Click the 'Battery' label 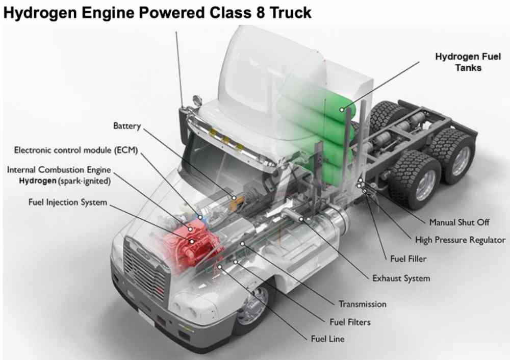126,126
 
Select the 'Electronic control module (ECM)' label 76,150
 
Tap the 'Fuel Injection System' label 68,202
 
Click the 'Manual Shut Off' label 459,223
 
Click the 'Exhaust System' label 401,278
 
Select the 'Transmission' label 363,304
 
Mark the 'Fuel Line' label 327,339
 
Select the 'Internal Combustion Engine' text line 59,170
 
